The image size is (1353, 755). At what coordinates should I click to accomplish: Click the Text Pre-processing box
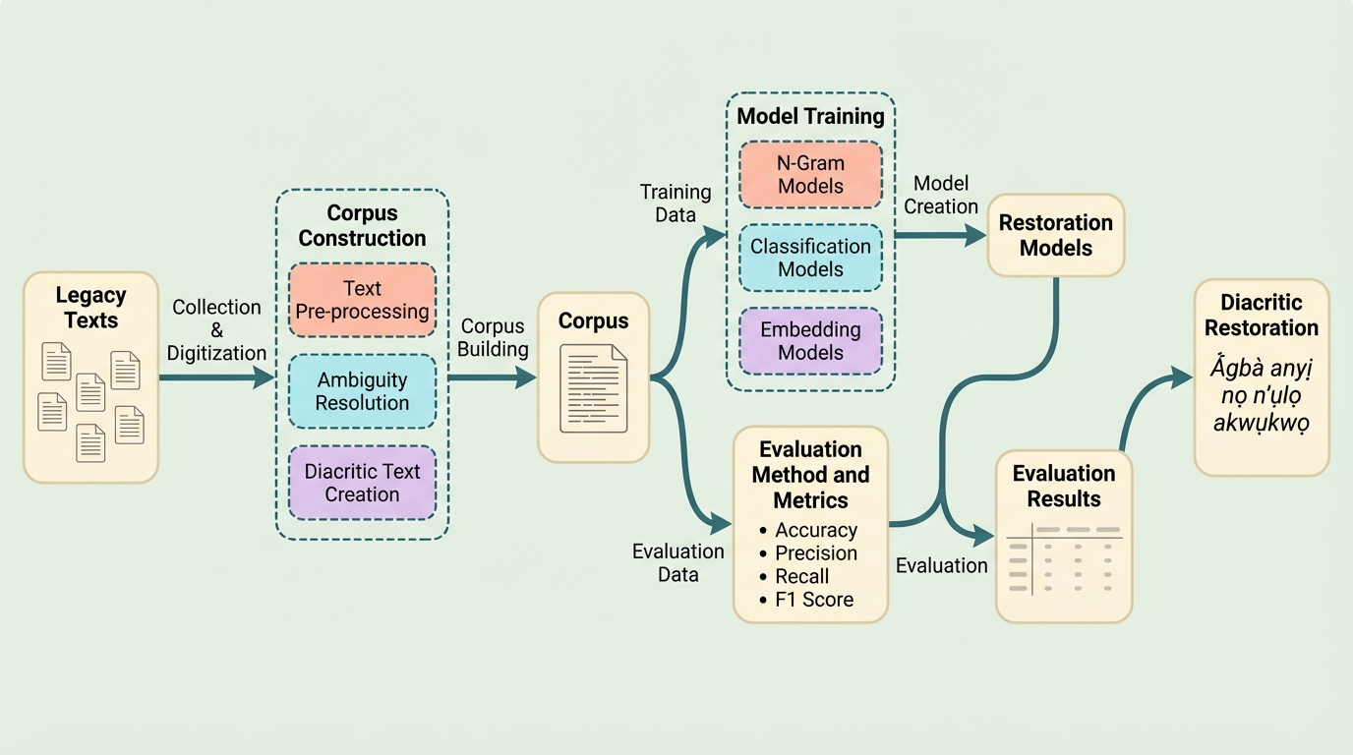pos(362,300)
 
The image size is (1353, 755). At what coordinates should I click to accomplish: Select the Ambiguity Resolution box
pos(362,391)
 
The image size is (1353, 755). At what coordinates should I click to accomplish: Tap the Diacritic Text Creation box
pos(362,483)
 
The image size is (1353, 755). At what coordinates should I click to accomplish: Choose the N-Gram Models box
pos(810,174)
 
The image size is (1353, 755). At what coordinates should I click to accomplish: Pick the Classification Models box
pos(810,258)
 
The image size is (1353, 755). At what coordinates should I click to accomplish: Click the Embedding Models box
pos(810,341)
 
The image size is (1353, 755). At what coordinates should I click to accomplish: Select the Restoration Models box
pos(1055,235)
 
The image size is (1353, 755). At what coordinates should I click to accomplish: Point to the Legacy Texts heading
pos(90,308)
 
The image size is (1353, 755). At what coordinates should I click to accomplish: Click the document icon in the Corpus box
pos(593,388)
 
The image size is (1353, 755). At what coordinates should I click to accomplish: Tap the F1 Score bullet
pos(813,600)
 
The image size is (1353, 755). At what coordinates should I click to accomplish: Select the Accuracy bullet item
pos(815,530)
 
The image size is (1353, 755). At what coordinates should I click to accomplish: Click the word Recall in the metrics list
pos(801,576)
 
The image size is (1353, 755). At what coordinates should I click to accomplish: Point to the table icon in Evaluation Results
pos(1064,559)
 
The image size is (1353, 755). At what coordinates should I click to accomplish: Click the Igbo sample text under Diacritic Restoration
pos(1262,396)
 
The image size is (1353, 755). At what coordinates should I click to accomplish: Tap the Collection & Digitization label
pos(216,330)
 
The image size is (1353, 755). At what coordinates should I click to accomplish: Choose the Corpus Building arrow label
pos(494,337)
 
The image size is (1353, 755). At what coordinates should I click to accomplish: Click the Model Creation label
pos(941,195)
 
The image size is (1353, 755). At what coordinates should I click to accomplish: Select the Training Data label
pos(675,203)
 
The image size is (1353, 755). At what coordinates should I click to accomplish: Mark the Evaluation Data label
pos(677,563)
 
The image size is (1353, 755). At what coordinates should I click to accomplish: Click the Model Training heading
pos(810,116)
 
